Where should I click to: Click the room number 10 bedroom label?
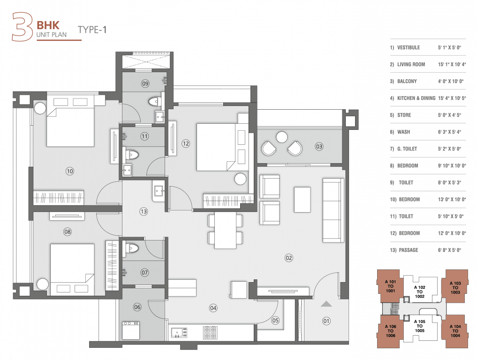pos(70,171)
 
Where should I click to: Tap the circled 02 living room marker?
pos(288,257)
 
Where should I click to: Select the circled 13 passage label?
pos(144,211)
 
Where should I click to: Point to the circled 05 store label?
pos(275,321)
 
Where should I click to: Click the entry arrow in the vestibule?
pos(326,304)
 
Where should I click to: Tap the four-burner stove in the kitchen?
pos(210,332)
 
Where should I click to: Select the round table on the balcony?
pos(281,137)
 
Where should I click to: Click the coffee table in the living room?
pos(302,200)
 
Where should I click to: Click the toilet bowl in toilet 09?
pos(154,101)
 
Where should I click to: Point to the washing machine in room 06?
pos(131,330)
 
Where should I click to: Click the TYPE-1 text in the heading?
pos(92,30)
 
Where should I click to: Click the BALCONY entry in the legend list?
pos(406,82)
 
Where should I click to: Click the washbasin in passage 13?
pos(158,190)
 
